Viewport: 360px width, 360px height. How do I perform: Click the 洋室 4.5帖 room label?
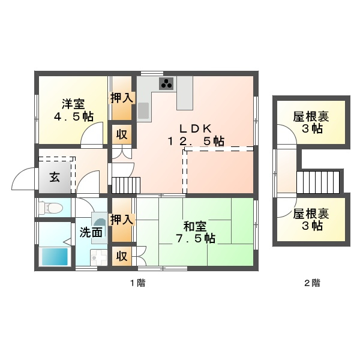[74, 110]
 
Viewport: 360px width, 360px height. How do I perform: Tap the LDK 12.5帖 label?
[196, 135]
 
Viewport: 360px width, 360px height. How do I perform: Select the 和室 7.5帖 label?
[196, 232]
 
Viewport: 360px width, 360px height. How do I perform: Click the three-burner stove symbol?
[166, 83]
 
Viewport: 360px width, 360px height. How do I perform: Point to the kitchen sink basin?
[143, 110]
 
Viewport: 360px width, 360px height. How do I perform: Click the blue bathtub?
[55, 256]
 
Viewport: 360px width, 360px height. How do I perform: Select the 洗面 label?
[91, 233]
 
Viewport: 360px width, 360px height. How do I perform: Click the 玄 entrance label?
[55, 177]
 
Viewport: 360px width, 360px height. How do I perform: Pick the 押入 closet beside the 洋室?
[122, 98]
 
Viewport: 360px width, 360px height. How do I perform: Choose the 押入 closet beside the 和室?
[122, 220]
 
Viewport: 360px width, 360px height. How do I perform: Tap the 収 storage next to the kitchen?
[122, 134]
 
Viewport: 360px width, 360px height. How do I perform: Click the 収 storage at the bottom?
[122, 256]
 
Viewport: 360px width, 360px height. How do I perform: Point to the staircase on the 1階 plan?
[126, 185]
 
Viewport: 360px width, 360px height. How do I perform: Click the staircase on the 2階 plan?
[318, 182]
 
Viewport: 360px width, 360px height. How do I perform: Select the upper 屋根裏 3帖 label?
[311, 122]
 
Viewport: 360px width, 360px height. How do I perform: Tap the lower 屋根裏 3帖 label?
[311, 220]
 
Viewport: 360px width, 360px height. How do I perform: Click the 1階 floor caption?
[138, 283]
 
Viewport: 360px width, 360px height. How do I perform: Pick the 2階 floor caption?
[312, 283]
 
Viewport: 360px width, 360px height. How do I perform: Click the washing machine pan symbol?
[99, 257]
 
